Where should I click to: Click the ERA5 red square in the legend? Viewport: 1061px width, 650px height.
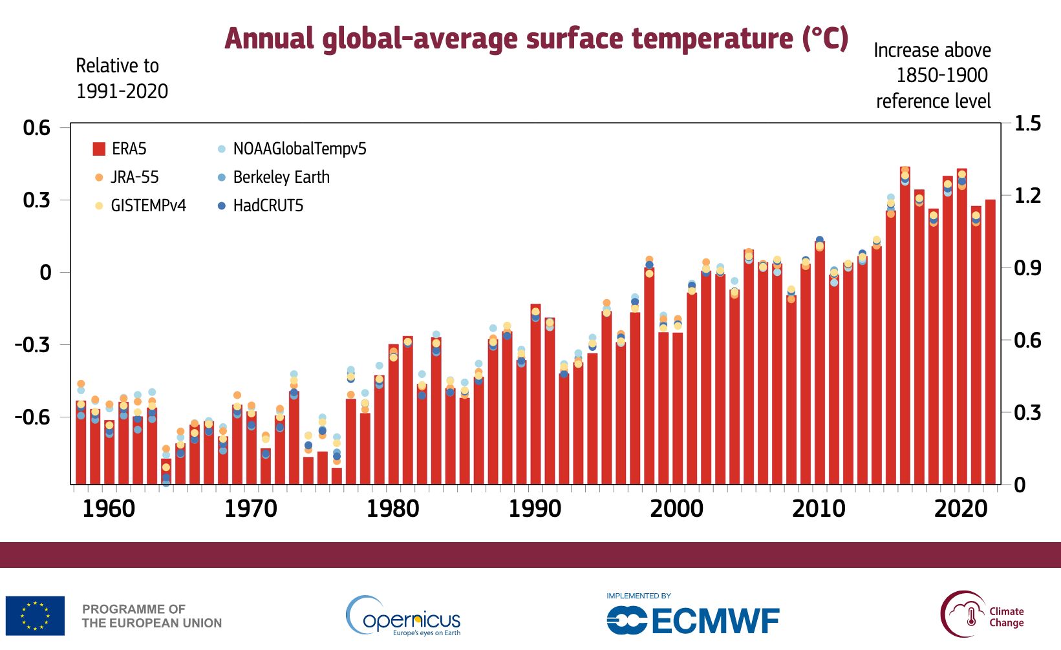point(99,149)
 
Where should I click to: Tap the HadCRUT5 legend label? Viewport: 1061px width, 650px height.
point(268,205)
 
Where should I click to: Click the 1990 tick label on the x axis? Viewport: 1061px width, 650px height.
point(535,509)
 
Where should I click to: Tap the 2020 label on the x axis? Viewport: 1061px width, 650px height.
point(961,509)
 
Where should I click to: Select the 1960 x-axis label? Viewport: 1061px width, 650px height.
point(109,509)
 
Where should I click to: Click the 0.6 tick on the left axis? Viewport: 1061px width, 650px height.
point(36,128)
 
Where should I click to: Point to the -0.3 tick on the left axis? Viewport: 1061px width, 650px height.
point(32,344)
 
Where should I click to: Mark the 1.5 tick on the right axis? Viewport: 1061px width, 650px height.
point(1027,123)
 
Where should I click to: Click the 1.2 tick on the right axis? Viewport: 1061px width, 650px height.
point(1027,195)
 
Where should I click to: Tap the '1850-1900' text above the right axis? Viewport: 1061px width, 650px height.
point(941,76)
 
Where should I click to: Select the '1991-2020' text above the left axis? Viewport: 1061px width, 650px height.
point(122,91)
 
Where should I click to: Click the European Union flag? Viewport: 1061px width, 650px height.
point(35,616)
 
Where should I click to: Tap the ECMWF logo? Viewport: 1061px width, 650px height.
point(693,621)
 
